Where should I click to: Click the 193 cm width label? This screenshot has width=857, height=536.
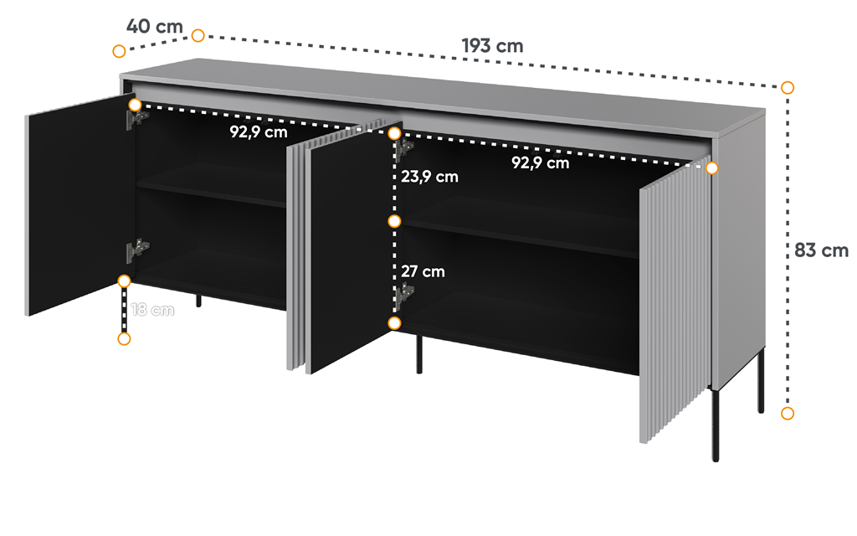pos(492,45)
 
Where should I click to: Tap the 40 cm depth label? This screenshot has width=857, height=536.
pos(155,26)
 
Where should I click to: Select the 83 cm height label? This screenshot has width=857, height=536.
pos(821,250)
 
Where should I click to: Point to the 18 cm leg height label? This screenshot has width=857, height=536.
pos(152,310)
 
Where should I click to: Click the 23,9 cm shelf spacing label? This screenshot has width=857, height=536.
pos(429,177)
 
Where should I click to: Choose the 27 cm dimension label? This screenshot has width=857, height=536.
pos(423,271)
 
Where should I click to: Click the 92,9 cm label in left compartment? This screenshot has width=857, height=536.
pos(259,131)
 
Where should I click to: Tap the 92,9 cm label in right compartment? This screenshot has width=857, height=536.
pos(541,162)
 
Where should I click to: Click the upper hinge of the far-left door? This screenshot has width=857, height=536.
pos(136,119)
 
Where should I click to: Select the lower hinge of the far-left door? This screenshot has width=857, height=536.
pos(137,250)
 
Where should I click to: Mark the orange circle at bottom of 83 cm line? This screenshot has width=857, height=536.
pos(787,413)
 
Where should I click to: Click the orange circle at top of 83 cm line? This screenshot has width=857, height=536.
pos(787,87)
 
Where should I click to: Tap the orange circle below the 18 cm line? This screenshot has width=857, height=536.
pos(124,339)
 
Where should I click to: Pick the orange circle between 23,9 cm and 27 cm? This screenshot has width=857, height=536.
pos(394,221)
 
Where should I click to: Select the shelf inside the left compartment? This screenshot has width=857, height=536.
pos(211,186)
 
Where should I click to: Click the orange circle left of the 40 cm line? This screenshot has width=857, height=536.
pos(119,51)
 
